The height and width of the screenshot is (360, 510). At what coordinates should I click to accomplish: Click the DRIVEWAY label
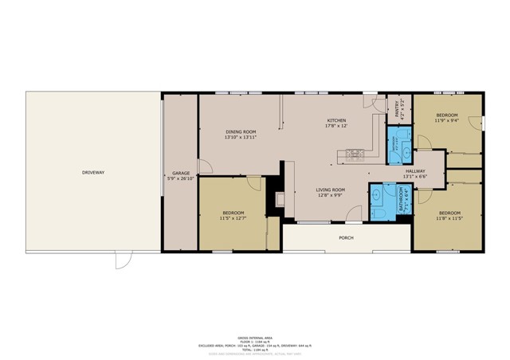[x=93, y=173]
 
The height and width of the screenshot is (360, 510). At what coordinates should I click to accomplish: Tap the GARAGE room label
[x=179, y=173]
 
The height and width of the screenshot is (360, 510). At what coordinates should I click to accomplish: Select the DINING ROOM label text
[x=240, y=131]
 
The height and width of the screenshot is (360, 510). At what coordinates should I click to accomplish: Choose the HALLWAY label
[x=414, y=171]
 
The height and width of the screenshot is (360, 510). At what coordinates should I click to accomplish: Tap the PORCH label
[x=346, y=237]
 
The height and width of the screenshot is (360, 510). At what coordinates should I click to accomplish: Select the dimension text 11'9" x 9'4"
[x=446, y=121]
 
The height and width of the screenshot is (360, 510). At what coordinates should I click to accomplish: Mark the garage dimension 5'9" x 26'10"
[x=179, y=178]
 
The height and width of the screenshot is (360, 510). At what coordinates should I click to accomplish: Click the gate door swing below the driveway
[x=124, y=260]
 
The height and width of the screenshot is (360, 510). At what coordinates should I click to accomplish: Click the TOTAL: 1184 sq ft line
[x=255, y=350]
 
